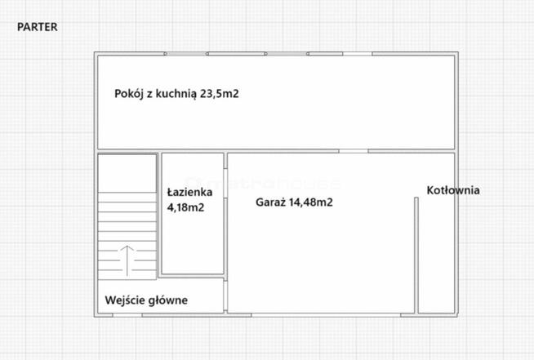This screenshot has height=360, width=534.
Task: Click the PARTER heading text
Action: (x=38, y=27)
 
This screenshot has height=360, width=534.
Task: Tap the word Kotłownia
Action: (x=453, y=190)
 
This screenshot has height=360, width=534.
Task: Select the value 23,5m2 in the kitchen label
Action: (x=219, y=94)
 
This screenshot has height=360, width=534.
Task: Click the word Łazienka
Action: (x=189, y=193)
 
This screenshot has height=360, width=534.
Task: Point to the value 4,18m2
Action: (x=185, y=207)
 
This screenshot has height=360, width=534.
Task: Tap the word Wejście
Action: (x=125, y=300)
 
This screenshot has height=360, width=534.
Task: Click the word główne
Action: (x=168, y=300)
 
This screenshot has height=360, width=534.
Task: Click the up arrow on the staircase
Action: (x=127, y=259)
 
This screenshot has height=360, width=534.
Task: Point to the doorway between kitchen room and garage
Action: (x=354, y=151)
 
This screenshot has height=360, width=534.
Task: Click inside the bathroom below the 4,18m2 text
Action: (x=193, y=245)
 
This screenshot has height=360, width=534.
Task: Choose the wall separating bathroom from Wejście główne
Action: (x=193, y=277)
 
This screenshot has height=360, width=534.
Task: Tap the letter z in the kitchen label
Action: (x=149, y=94)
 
